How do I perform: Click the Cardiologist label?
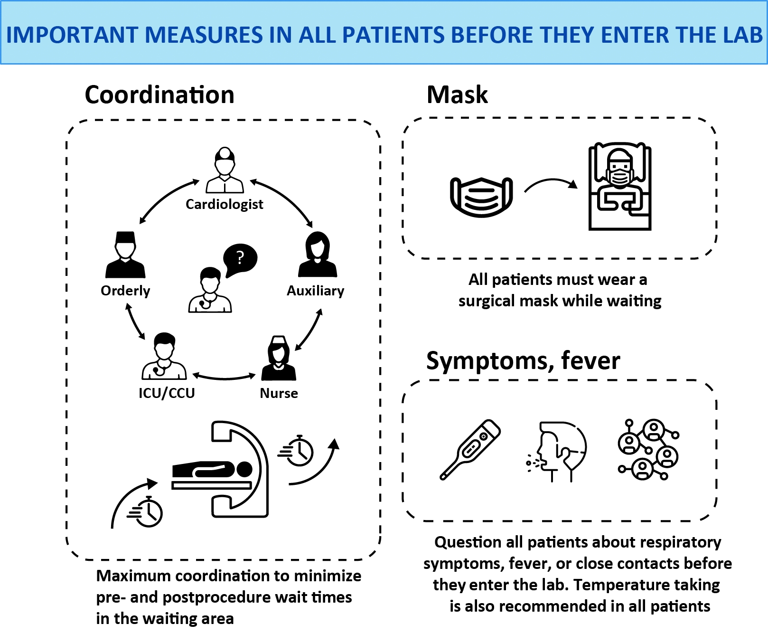tap(224, 204)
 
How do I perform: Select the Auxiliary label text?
tap(315, 291)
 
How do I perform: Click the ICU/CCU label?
tap(167, 393)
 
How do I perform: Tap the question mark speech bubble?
tap(240, 259)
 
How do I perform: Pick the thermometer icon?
tap(470, 449)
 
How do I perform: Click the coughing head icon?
tap(559, 451)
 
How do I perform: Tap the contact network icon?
tap(648, 449)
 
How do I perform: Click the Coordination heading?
tap(159, 95)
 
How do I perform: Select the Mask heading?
tap(457, 95)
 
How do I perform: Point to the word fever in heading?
tap(590, 360)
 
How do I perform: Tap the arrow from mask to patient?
tap(551, 184)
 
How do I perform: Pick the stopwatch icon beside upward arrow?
tap(297, 451)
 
